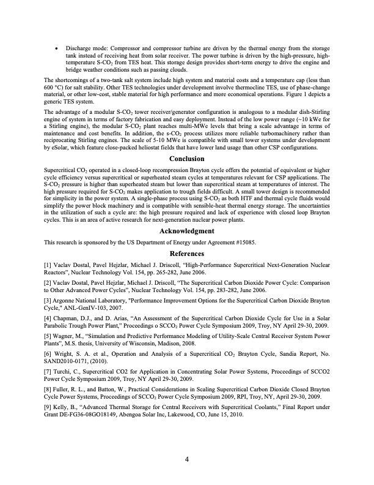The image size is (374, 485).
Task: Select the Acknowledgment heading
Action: tap(186, 231)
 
